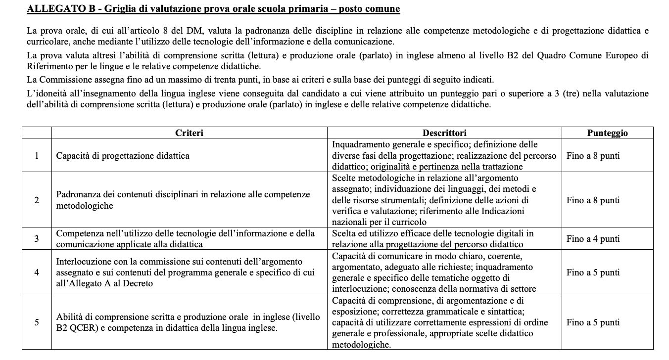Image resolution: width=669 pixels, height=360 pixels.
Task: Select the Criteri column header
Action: point(189,133)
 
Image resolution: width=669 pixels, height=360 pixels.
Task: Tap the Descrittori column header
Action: point(444,133)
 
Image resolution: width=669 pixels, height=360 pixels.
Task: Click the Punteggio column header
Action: point(607,133)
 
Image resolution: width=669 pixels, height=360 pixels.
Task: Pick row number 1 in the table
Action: point(37,156)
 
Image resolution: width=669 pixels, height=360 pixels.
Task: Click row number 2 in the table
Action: point(37,200)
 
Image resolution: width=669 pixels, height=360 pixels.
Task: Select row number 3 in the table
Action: point(37,239)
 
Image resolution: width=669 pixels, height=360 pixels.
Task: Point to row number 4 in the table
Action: point(37,272)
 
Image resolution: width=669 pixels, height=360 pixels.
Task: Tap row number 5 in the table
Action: point(37,322)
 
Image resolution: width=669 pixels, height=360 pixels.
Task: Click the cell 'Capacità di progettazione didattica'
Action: point(123,156)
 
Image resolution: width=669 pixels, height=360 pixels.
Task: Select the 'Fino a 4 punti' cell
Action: point(593,239)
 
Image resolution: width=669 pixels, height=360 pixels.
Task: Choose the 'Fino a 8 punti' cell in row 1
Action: point(593,156)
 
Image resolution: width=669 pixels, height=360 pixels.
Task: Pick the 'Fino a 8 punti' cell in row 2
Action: point(593,200)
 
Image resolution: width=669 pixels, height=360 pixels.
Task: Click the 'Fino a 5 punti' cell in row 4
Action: point(593,272)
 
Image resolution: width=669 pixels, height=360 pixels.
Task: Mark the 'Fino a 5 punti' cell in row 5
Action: point(593,322)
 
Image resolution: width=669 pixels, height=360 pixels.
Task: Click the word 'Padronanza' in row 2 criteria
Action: point(78,195)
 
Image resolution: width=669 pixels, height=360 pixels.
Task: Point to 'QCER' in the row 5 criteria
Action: point(83,328)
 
